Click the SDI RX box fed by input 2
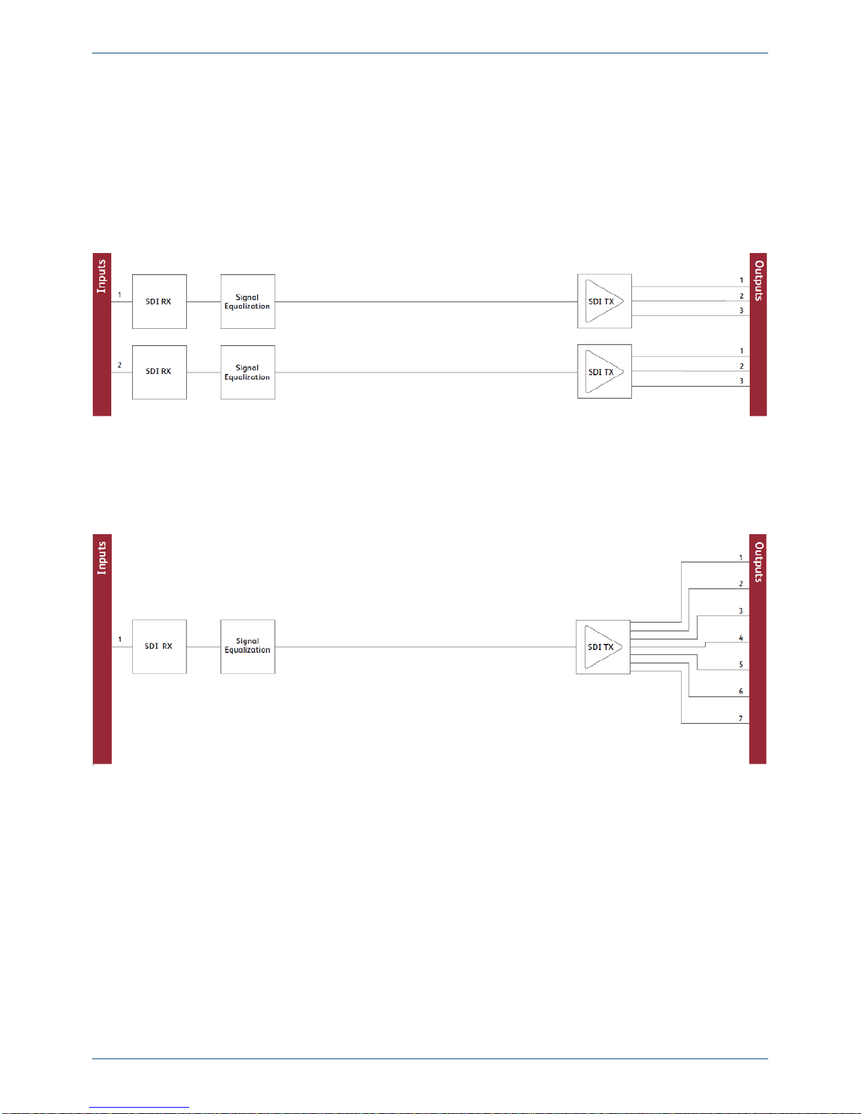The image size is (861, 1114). coord(160,373)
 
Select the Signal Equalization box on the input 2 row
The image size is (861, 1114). coord(248,373)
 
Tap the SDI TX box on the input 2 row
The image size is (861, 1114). coord(604,372)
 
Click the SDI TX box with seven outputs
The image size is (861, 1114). coord(603,647)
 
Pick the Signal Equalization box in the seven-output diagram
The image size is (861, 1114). coord(248,647)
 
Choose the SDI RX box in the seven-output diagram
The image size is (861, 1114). coord(160,647)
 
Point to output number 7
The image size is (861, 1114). coord(741,718)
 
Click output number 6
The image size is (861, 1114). coord(741,691)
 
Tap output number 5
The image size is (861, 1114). coord(741,664)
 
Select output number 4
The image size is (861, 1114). coord(741,637)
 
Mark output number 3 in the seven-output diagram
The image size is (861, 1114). coord(741,611)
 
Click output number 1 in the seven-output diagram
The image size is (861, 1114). coord(741,557)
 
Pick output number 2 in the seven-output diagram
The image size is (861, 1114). coord(741,583)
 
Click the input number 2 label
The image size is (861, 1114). coord(119,365)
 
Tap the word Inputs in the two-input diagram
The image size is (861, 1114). coord(101,276)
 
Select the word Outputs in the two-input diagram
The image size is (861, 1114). coord(758,280)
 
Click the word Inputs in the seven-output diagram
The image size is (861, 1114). coord(101,558)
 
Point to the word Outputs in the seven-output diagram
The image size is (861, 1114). coord(758,562)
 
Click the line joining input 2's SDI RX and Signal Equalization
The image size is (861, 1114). coord(203,373)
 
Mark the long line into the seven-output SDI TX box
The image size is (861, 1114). coord(425,647)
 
